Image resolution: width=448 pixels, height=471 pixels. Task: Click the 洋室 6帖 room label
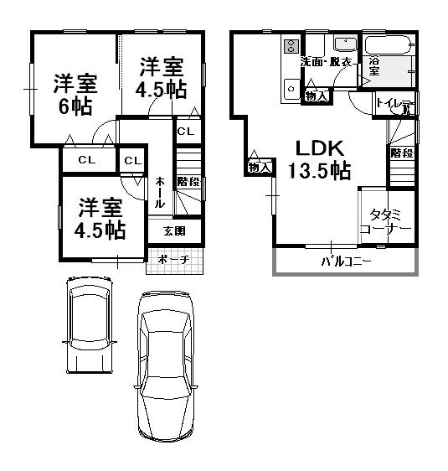76,94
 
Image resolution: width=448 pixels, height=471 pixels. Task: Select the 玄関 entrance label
174,230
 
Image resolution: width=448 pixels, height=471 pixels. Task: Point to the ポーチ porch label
173,260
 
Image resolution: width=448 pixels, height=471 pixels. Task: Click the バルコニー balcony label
346,261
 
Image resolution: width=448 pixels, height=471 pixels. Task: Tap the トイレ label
390,104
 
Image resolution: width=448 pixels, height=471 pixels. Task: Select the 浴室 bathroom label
374,67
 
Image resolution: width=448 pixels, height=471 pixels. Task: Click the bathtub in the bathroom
389,44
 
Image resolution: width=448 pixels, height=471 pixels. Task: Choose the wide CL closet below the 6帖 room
86,160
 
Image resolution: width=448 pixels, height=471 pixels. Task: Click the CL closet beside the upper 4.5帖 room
186,132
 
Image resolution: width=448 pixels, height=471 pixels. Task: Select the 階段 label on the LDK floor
401,153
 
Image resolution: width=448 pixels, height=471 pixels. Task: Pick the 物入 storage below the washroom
316,96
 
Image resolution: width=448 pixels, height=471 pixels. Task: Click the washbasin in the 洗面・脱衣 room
344,44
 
